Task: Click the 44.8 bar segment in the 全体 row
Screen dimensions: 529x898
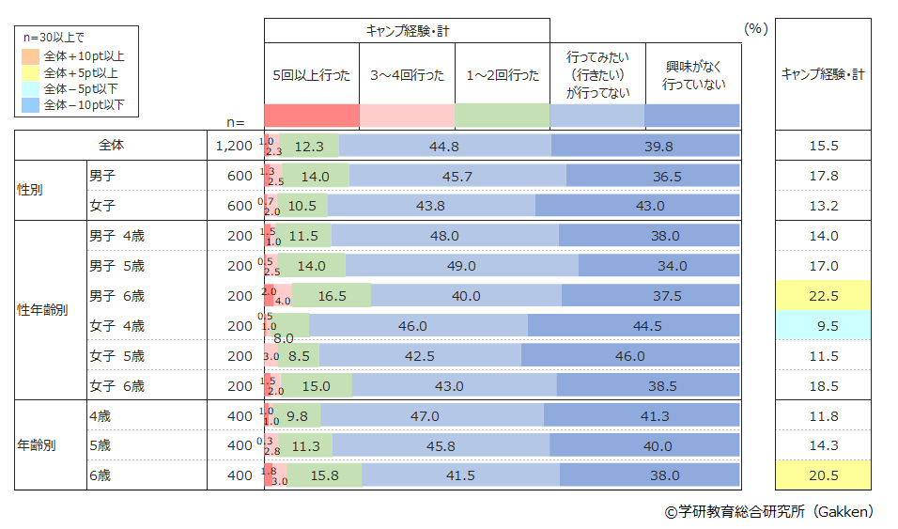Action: (x=443, y=146)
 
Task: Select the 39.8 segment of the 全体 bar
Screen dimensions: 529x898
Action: (x=645, y=146)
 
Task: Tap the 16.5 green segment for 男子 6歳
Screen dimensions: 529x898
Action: (x=330, y=296)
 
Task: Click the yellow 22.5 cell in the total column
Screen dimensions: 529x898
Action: (x=823, y=296)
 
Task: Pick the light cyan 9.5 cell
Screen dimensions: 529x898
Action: (x=823, y=326)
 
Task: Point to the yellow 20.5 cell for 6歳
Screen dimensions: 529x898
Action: (x=823, y=475)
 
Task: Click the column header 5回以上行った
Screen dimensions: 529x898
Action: (x=312, y=75)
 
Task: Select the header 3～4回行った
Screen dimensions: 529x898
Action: (x=407, y=75)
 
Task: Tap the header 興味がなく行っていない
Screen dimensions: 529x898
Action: (x=692, y=75)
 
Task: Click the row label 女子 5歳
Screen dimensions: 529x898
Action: (x=116, y=356)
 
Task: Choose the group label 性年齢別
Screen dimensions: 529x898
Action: (x=43, y=311)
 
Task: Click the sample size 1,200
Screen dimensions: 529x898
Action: (x=233, y=146)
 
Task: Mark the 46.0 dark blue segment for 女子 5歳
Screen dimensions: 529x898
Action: (x=629, y=356)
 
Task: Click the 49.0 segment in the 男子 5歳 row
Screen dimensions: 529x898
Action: (x=461, y=266)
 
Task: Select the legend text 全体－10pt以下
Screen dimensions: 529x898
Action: (x=84, y=105)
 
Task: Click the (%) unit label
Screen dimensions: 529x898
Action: (x=755, y=29)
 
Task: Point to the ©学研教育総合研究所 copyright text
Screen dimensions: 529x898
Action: (x=768, y=511)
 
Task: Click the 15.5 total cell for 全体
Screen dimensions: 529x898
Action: (x=823, y=146)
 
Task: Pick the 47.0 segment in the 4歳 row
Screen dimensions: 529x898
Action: (x=431, y=415)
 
